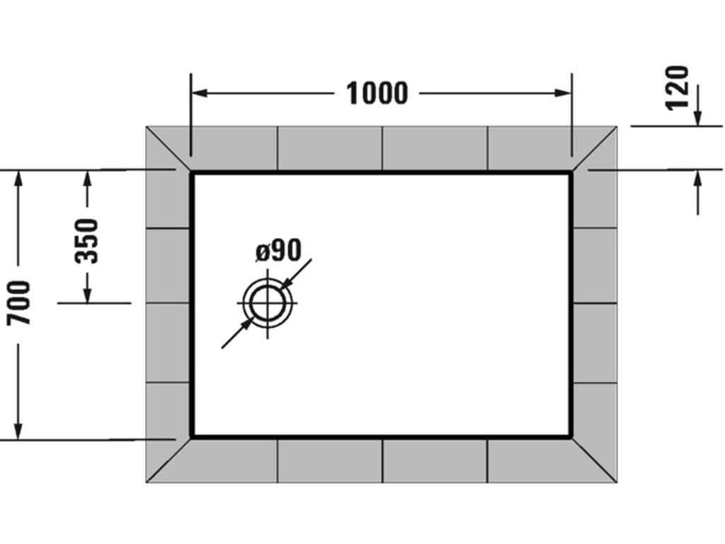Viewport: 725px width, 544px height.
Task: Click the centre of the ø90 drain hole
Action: point(267,303)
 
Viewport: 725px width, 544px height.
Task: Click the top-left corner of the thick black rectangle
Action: point(190,171)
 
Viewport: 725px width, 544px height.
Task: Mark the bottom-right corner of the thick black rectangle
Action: point(572,437)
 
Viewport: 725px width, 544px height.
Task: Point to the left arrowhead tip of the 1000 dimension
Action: point(191,93)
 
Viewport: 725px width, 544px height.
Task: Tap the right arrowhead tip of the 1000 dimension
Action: point(571,93)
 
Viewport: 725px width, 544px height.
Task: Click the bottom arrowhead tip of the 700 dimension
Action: point(18,439)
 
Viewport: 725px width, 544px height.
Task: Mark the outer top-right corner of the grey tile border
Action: point(617,126)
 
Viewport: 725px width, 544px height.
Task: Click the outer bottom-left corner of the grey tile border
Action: point(146,482)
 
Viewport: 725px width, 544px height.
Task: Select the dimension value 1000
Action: point(377,93)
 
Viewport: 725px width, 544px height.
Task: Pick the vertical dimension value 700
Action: point(18,302)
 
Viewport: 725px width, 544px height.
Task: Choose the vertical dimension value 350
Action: point(87,241)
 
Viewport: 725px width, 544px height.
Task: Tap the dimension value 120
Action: point(677,89)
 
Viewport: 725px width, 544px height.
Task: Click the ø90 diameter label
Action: point(278,250)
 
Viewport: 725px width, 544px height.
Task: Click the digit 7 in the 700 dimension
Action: point(18,318)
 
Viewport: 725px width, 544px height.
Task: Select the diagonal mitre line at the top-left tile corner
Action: point(169,149)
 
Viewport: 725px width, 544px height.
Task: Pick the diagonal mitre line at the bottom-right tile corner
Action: point(595,460)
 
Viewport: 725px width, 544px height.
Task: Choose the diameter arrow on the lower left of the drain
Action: point(237,333)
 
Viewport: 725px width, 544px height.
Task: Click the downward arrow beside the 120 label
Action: point(697,105)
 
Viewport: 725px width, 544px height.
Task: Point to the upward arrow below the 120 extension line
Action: point(697,193)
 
